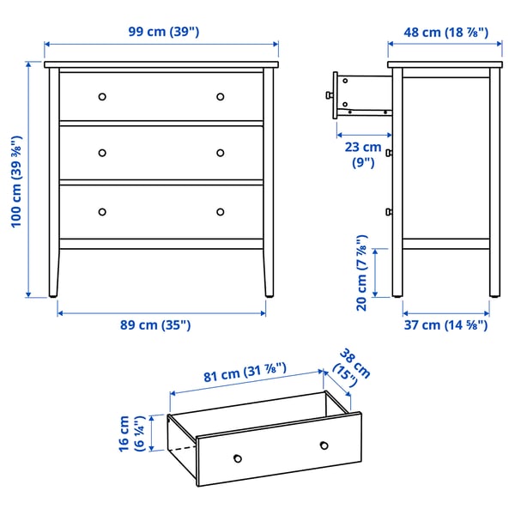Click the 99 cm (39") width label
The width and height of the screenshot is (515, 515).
click(163, 32)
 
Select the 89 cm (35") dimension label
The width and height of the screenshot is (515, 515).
click(161, 325)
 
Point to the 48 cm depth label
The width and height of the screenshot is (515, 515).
click(445, 32)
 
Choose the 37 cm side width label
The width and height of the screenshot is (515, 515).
click(445, 325)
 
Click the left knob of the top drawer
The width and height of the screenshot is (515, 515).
click(102, 96)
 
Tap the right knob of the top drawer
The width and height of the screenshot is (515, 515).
click(220, 96)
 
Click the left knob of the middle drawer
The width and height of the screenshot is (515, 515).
click(102, 153)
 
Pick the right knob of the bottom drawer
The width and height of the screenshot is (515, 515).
click(220, 211)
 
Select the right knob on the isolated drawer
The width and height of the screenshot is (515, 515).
click(324, 444)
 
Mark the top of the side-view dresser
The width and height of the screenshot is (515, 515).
click(445, 64)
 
